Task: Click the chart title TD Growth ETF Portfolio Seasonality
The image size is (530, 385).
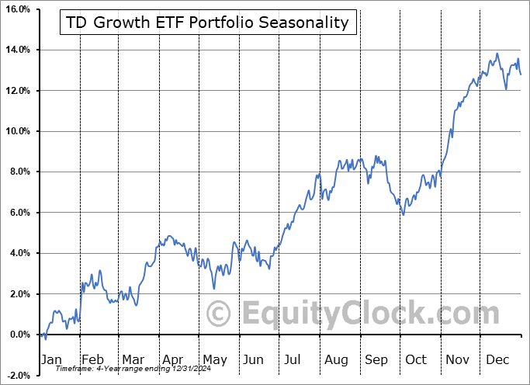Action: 208,23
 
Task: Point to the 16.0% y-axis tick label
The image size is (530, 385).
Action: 17,9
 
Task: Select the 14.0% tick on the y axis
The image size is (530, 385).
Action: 17,50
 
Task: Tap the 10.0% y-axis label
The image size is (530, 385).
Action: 17,131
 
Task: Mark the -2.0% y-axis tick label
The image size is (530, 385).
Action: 18,376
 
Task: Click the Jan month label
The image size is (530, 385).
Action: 50,360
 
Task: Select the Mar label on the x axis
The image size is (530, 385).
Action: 133,360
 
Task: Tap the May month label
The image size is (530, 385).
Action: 215,360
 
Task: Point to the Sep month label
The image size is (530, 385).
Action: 376,360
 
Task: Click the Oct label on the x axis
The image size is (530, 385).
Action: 417,360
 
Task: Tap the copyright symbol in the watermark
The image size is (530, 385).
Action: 220,314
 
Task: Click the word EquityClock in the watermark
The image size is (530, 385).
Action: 334,314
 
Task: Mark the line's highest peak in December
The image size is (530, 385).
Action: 497,54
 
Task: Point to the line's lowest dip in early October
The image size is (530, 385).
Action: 403,214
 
